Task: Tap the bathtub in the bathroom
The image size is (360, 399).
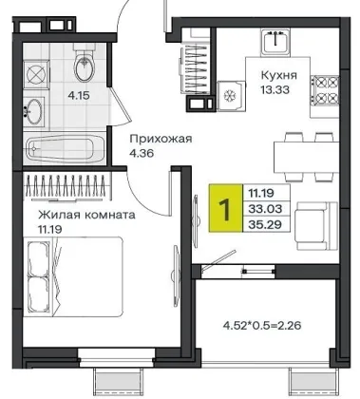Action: [x=66, y=148]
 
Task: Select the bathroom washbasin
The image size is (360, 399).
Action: [x=34, y=111]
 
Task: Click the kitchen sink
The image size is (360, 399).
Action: [x=275, y=42]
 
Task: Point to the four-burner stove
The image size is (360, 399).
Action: [x=325, y=91]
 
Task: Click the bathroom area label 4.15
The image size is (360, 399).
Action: [x=79, y=95]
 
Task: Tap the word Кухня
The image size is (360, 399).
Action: [x=279, y=76]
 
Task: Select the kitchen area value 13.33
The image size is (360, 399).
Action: [x=275, y=90]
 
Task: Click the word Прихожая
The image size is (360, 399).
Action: [x=161, y=139]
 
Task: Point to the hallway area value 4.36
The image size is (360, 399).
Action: [x=142, y=153]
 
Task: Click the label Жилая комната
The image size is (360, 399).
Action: [x=86, y=215]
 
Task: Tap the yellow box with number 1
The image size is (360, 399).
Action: [x=225, y=208]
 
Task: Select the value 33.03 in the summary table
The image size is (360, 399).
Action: [x=265, y=209]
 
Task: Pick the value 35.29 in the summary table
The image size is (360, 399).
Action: [x=265, y=224]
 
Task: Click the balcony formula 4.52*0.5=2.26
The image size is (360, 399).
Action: [x=262, y=325]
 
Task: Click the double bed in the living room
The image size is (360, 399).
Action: [x=73, y=276]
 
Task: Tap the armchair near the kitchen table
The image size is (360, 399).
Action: [x=316, y=226]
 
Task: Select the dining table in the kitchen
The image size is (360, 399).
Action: [x=306, y=157]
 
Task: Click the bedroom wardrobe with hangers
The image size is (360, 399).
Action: [x=67, y=187]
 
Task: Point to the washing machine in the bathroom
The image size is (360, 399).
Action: [x=36, y=75]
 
